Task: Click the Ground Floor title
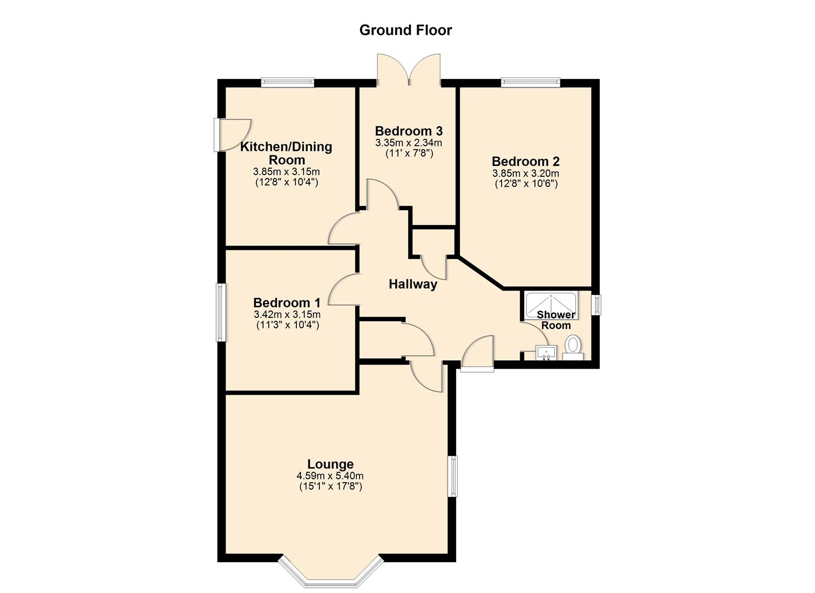pyautogui.click(x=406, y=30)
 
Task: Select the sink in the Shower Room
pyautogui.click(x=546, y=353)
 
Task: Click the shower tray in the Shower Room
pyautogui.click(x=551, y=305)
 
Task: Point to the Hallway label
pyautogui.click(x=413, y=284)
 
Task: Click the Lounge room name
pyautogui.click(x=330, y=464)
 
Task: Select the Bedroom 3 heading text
pyautogui.click(x=409, y=131)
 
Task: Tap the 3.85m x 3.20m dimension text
pyautogui.click(x=526, y=174)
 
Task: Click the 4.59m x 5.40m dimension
pyautogui.click(x=330, y=476)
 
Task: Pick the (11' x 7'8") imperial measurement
pyautogui.click(x=409, y=153)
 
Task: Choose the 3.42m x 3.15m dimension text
pyautogui.click(x=288, y=314)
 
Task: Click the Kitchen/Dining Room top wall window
pyautogui.click(x=288, y=82)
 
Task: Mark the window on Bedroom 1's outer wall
pyautogui.click(x=221, y=312)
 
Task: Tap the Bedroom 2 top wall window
pyautogui.click(x=531, y=82)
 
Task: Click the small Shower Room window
pyautogui.click(x=595, y=305)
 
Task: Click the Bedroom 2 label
pyautogui.click(x=526, y=161)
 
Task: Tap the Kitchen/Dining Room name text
pyautogui.click(x=286, y=153)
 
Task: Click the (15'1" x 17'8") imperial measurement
pyautogui.click(x=331, y=486)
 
